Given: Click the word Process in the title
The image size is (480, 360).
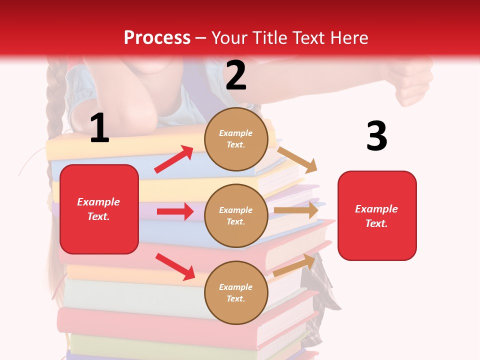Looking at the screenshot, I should (157, 38).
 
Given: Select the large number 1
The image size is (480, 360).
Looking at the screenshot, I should (99, 128).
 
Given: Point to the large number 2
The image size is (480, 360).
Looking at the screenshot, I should (236, 75).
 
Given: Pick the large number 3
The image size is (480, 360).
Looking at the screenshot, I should (376, 136).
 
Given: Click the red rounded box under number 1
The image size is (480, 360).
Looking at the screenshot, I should (99, 209).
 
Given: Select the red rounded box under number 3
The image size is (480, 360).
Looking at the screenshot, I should (377, 215).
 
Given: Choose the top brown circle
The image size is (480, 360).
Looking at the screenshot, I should (236, 139).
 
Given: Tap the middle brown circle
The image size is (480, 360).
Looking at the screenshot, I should (236, 215).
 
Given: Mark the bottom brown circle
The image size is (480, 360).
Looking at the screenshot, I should (236, 292).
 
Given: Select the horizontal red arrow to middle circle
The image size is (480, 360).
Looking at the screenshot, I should (175, 211).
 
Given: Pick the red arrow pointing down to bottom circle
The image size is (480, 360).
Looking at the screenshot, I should (175, 266).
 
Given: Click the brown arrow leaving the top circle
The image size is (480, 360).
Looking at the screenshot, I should (297, 159).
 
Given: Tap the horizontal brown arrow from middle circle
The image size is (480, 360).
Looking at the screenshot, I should (296, 210).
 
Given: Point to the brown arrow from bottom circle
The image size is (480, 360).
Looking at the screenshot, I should (294, 265).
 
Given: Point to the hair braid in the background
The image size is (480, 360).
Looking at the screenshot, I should (53, 105).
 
